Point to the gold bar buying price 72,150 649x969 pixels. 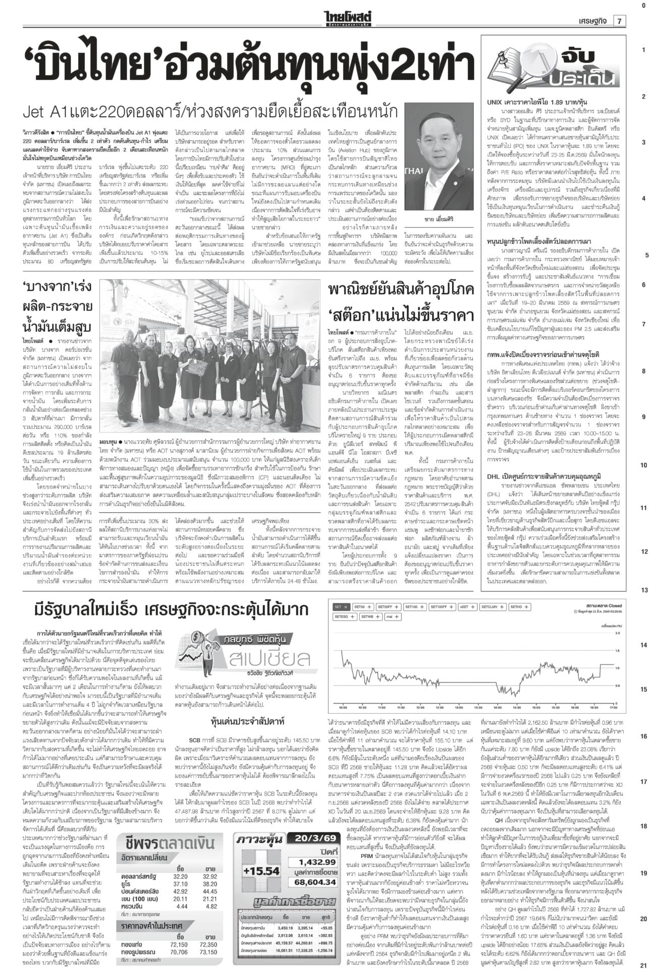(x=179, y=943)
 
